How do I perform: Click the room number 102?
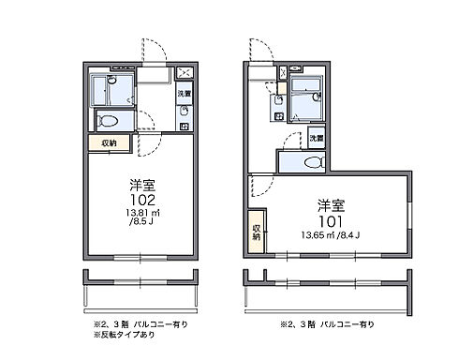coord(138,200)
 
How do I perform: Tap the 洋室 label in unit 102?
coord(138,185)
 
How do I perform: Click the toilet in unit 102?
coord(109,120)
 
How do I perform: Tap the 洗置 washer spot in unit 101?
coord(318,138)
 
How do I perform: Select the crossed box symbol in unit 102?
coord(185,73)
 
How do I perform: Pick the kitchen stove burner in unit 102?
coord(184,114)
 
